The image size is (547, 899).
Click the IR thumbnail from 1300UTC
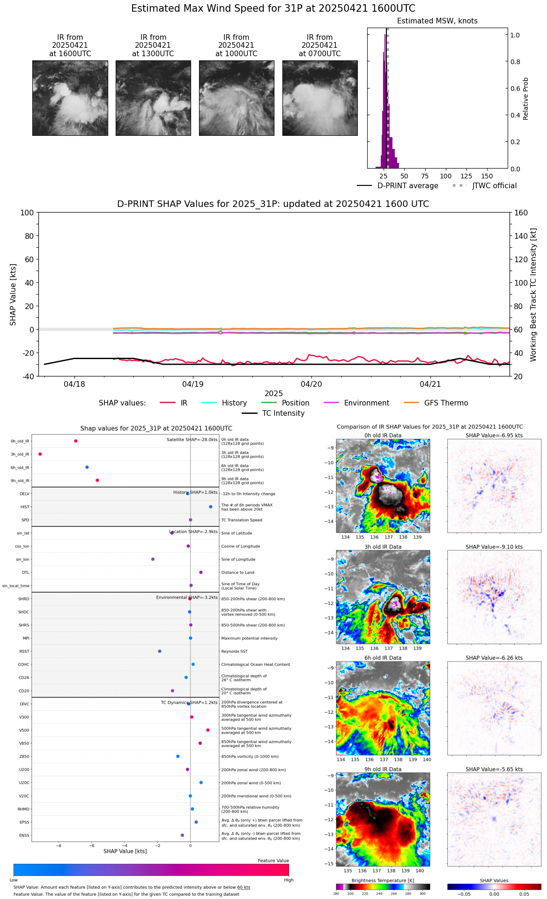pyautogui.click(x=153, y=98)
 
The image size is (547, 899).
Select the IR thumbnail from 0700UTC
pyautogui.click(x=320, y=98)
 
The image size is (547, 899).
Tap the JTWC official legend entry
pyautogui.click(x=494, y=186)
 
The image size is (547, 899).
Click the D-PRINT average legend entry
pyautogui.click(x=407, y=186)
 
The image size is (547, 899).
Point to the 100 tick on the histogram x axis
pyautogui.click(x=445, y=176)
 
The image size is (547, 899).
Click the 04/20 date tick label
pyautogui.click(x=311, y=384)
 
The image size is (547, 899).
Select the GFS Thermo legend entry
pyautogui.click(x=446, y=403)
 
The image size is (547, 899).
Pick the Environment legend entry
pyautogui.click(x=366, y=403)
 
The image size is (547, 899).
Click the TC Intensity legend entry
pyautogui.click(x=283, y=413)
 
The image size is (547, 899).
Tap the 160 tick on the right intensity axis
pyautogui.click(x=521, y=213)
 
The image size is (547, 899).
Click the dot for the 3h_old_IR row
pyautogui.click(x=40, y=454)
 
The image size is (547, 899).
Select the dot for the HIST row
pyautogui.click(x=211, y=507)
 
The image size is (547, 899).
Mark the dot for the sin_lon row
pyautogui.click(x=153, y=559)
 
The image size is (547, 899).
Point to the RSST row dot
pyautogui.click(x=160, y=651)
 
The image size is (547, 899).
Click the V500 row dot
pyautogui.click(x=208, y=730)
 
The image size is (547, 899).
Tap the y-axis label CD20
pyautogui.click(x=24, y=691)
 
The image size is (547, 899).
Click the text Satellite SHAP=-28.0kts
pyautogui.click(x=192, y=440)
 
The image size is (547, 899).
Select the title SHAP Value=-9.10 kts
pyautogui.click(x=494, y=547)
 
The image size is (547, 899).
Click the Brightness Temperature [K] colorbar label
pyautogui.click(x=383, y=881)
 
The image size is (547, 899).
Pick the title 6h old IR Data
pyautogui.click(x=383, y=658)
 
